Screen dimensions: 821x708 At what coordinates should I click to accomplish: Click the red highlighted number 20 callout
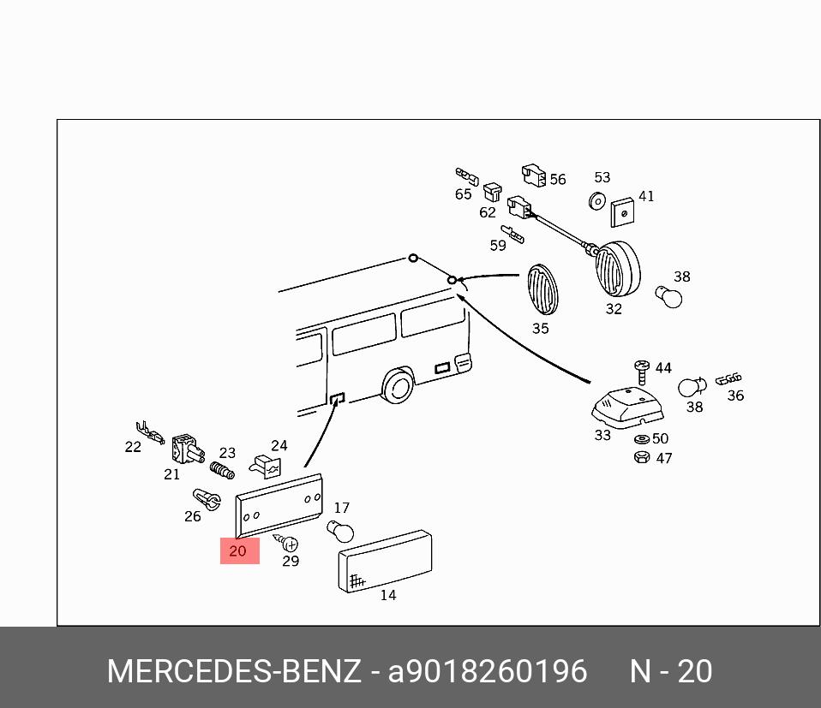click(239, 551)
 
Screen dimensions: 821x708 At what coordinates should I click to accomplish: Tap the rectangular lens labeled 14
click(386, 561)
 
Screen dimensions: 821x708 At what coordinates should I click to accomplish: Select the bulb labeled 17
click(341, 532)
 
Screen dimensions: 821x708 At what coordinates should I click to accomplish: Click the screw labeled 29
click(288, 543)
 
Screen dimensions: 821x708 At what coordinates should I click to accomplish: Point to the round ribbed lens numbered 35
click(541, 289)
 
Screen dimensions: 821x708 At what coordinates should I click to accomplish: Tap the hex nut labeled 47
click(640, 458)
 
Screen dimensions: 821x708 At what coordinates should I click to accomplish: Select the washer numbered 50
click(641, 439)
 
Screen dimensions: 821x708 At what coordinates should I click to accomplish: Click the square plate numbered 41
click(625, 213)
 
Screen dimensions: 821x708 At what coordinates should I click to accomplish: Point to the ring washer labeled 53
click(596, 201)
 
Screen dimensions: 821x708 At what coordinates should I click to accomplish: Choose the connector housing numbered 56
click(533, 176)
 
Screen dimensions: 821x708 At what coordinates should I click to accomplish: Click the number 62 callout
click(488, 212)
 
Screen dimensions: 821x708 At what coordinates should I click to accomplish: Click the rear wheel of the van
click(397, 387)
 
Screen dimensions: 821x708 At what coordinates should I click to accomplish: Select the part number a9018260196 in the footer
click(488, 671)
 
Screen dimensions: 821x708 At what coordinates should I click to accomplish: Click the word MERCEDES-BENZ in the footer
click(234, 671)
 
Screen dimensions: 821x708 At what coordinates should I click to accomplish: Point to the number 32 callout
click(614, 309)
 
